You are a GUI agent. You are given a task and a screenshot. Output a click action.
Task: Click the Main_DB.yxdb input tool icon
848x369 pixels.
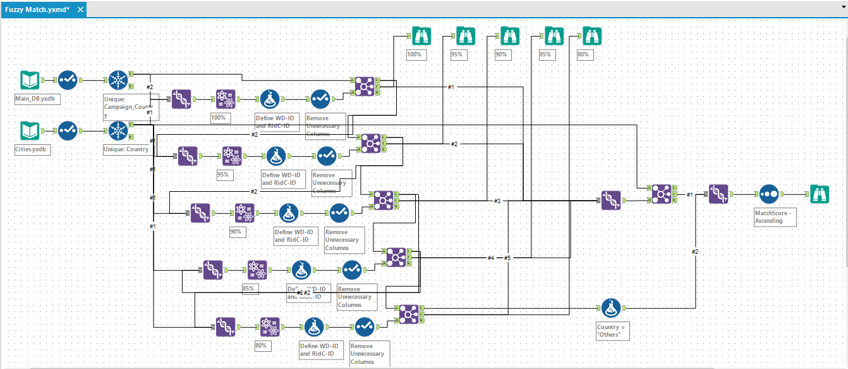coord(29,80)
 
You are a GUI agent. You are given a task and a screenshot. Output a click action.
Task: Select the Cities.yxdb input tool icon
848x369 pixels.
coord(29,131)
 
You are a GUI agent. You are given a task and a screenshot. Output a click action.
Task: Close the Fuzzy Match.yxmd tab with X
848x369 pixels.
coord(80,9)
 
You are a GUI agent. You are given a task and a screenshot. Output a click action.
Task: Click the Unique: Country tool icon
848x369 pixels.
coord(118,131)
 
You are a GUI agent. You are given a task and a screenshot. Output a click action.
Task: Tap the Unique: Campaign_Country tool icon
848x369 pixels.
coord(118,80)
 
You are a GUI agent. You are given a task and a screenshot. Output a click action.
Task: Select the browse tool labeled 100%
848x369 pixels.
coord(421,35)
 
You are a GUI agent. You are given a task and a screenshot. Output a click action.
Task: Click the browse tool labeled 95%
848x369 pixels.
coord(466,35)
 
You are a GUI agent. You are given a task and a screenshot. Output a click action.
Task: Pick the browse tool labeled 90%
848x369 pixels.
coord(510,35)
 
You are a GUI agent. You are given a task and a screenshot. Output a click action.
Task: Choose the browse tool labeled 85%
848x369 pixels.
coord(554,35)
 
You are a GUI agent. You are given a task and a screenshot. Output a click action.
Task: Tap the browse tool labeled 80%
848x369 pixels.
coord(592,35)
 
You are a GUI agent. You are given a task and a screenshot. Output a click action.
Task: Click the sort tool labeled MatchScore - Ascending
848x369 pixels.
coord(768,194)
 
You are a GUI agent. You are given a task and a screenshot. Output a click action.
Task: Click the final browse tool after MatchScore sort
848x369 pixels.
coord(820,194)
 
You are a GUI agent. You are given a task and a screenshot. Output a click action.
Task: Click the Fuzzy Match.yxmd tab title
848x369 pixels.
coord(37,9)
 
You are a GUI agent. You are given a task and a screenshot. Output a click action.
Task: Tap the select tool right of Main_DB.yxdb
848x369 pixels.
coord(68,80)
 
